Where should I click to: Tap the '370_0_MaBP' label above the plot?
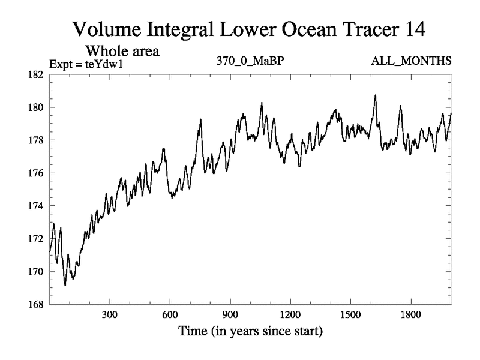click(249, 61)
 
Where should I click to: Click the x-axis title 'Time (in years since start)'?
click(250, 331)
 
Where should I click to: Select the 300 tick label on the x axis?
click(110, 315)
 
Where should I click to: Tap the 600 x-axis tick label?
click(170, 315)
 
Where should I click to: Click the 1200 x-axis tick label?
click(290, 315)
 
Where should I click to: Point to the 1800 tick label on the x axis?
click(410, 315)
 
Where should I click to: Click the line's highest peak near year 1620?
click(375, 95)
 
